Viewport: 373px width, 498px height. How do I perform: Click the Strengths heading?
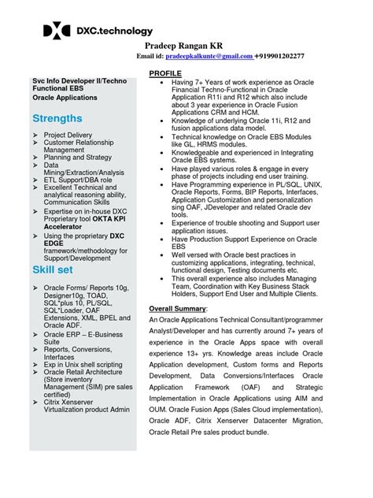pos(57,118)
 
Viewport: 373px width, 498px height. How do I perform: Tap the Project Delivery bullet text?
pos(68,135)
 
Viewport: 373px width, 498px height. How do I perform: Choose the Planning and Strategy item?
pos(77,157)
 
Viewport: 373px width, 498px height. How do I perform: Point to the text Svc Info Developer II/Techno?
pos(72,80)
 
